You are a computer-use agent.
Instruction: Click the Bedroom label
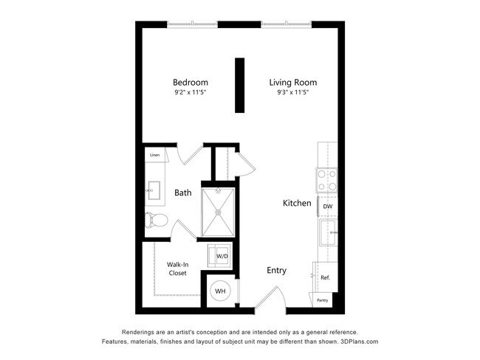point(190,82)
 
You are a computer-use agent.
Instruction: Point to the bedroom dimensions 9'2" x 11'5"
point(190,93)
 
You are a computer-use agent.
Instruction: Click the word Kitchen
point(298,203)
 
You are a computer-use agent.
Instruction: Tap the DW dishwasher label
point(326,207)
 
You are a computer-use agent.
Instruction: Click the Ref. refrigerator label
point(325,277)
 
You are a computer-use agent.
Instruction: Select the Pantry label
point(323,300)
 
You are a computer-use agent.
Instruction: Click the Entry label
point(276,271)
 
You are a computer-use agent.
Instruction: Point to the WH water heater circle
point(220,291)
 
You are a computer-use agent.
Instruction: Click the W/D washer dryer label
point(222,256)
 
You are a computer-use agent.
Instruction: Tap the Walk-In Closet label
point(177,269)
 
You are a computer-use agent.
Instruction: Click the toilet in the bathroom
point(156,220)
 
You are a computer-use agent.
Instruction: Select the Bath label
point(183,193)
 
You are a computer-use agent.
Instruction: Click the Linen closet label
point(154,156)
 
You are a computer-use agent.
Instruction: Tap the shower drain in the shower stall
point(219,212)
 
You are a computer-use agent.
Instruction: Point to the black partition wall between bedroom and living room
point(239,85)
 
